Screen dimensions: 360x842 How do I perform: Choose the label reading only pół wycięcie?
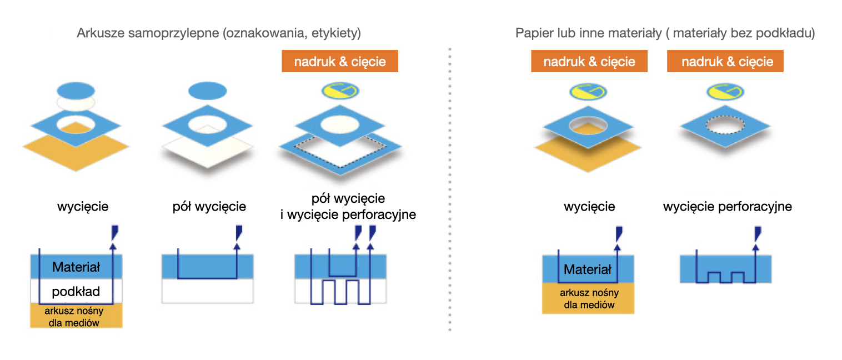point(209,207)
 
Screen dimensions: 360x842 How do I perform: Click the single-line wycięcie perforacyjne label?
point(727,207)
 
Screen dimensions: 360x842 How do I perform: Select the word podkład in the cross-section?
point(76,291)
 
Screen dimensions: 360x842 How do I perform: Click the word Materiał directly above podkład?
point(76,267)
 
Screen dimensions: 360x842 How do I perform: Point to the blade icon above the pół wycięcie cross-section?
point(239,231)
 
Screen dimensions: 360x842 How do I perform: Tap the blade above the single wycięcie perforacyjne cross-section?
point(758,231)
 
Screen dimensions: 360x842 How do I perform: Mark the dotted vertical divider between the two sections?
point(449,189)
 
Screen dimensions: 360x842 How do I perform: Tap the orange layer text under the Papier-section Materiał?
point(589,298)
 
